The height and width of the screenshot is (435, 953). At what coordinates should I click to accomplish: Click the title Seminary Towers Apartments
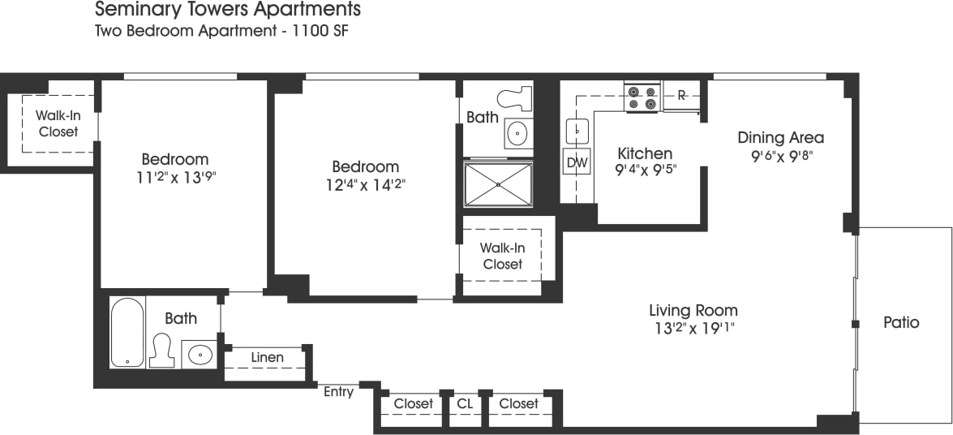[228, 11]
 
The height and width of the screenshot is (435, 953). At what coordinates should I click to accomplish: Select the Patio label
[901, 323]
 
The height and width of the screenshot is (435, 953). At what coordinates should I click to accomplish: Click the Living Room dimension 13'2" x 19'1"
[693, 329]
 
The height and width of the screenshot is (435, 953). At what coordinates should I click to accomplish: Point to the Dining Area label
[780, 137]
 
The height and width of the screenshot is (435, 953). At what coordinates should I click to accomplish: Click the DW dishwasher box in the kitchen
[577, 163]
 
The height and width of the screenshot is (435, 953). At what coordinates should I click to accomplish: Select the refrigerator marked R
[681, 96]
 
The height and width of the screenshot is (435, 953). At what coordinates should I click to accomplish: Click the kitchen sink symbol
[577, 128]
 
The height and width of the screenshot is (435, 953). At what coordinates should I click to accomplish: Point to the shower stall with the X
[497, 183]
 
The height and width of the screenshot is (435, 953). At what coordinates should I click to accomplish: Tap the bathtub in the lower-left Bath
[127, 333]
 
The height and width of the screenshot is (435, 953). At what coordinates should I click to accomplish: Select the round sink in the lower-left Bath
[200, 355]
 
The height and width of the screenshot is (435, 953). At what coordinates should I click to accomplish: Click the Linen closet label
[267, 358]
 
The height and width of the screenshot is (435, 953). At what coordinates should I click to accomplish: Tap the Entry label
[338, 393]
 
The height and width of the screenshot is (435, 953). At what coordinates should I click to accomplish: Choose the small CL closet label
[465, 403]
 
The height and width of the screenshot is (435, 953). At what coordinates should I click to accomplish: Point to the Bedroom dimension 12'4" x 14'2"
[366, 185]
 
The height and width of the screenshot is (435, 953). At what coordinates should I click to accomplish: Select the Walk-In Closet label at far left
[58, 123]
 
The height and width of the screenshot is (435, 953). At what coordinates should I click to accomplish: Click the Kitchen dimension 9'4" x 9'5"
[646, 170]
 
